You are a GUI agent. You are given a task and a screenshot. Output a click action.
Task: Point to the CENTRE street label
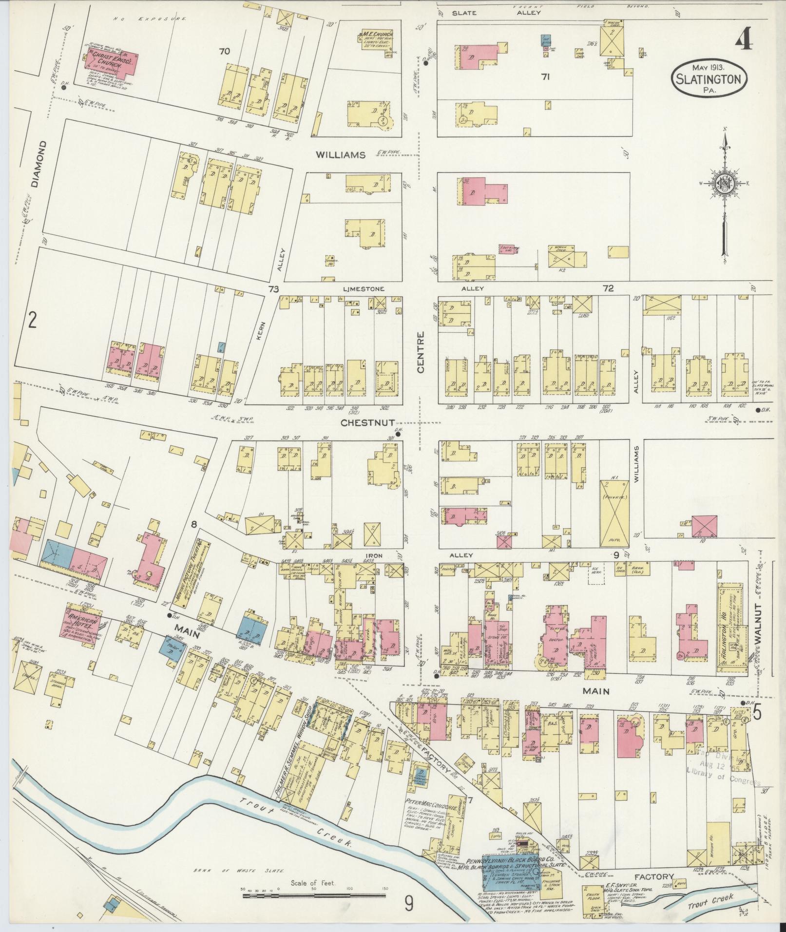[x=421, y=352]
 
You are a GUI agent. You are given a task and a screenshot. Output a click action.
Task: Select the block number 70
[x=224, y=51]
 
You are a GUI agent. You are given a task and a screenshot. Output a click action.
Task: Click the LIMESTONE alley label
[x=363, y=289]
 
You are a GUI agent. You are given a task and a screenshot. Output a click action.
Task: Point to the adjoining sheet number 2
[x=32, y=320]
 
